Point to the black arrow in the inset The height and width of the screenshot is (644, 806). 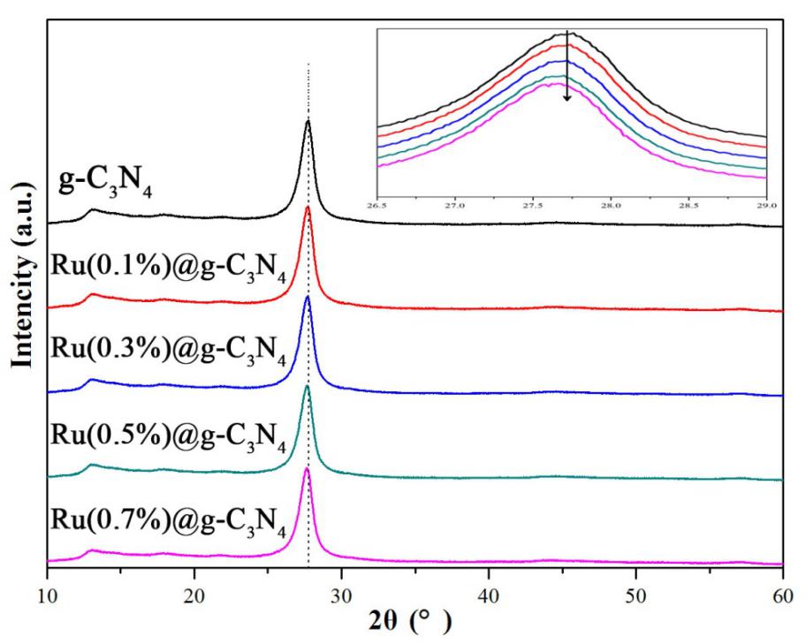click(x=567, y=67)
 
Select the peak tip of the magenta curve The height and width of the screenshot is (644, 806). click(x=307, y=468)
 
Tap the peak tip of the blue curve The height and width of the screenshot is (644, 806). click(x=308, y=297)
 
